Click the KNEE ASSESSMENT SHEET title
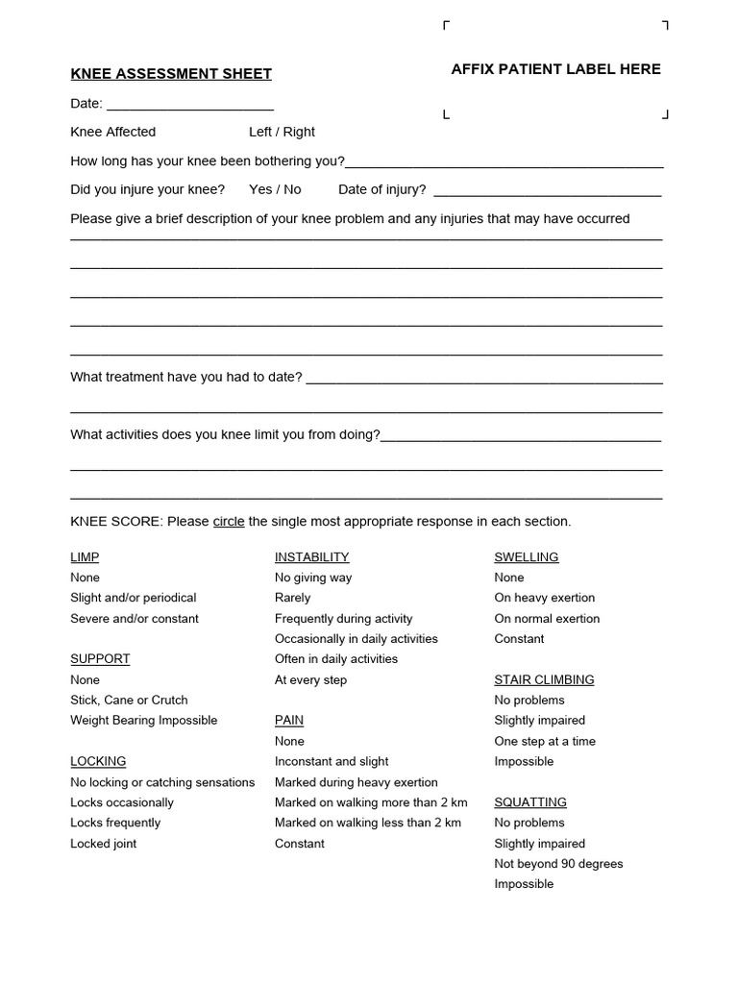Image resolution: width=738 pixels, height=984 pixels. (x=171, y=74)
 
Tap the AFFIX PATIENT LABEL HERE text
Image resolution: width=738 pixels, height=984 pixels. (x=555, y=69)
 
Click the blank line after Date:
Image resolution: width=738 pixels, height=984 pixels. (x=190, y=107)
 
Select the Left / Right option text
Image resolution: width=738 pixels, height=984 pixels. (x=282, y=132)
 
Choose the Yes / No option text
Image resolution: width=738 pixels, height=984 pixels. (x=275, y=189)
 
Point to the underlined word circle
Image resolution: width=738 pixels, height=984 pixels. (x=229, y=522)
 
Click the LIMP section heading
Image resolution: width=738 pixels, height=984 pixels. (x=85, y=557)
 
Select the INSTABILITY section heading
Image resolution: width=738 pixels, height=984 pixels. (x=311, y=557)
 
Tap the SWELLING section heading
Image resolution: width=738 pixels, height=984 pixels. (x=526, y=557)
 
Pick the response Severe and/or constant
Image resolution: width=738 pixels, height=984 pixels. (x=135, y=619)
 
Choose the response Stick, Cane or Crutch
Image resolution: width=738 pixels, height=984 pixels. (x=129, y=701)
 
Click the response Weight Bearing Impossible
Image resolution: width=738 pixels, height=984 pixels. (x=144, y=721)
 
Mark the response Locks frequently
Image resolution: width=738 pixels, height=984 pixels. (x=115, y=823)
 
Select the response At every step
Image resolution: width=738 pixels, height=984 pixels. (x=310, y=680)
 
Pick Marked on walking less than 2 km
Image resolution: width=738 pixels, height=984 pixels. (x=368, y=823)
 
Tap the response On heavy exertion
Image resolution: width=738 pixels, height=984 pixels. (x=545, y=598)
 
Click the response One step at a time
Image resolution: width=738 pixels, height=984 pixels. (x=545, y=742)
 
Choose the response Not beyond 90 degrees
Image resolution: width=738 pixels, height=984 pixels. (x=558, y=864)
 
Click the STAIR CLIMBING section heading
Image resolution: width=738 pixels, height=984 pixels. (x=544, y=680)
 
